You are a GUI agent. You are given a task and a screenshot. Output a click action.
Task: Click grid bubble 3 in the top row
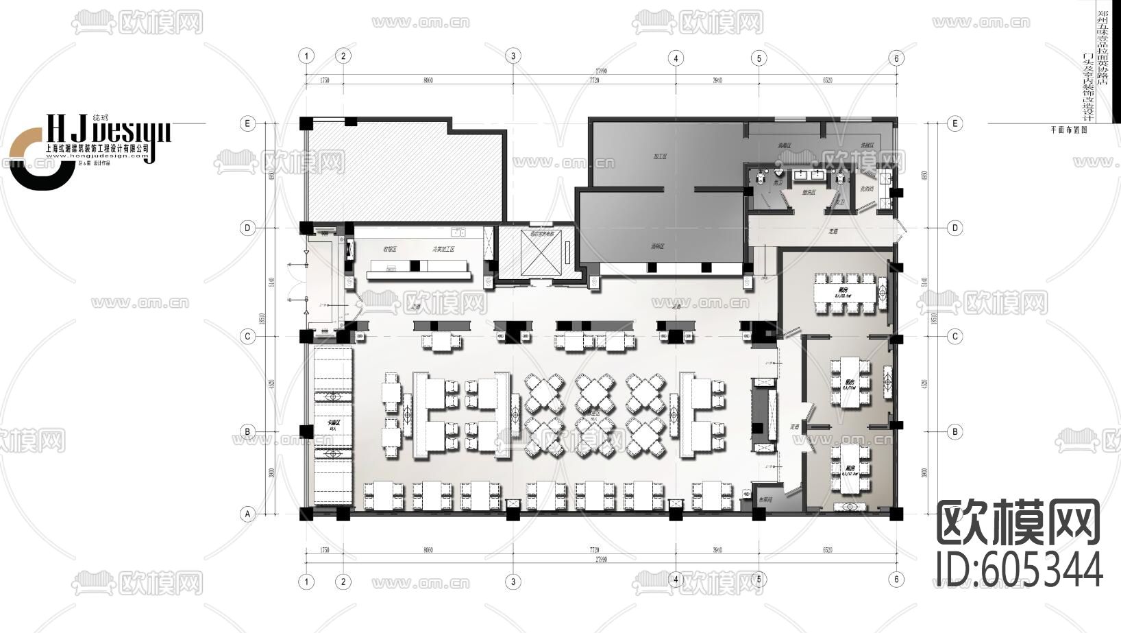pyautogui.click(x=513, y=56)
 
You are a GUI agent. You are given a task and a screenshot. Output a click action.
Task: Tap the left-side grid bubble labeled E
pyautogui.click(x=247, y=123)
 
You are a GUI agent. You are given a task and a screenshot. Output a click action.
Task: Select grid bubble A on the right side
pyautogui.click(x=954, y=513)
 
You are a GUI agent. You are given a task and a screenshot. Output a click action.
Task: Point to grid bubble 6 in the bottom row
pyautogui.click(x=896, y=580)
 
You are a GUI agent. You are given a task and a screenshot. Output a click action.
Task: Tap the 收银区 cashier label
pyautogui.click(x=391, y=250)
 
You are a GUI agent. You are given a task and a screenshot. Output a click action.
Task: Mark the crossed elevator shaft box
pyautogui.click(x=541, y=254)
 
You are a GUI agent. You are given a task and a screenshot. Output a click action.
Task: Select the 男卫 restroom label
pyautogui.click(x=778, y=183)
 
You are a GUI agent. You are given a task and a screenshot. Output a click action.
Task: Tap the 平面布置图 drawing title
pyautogui.click(x=1068, y=129)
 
